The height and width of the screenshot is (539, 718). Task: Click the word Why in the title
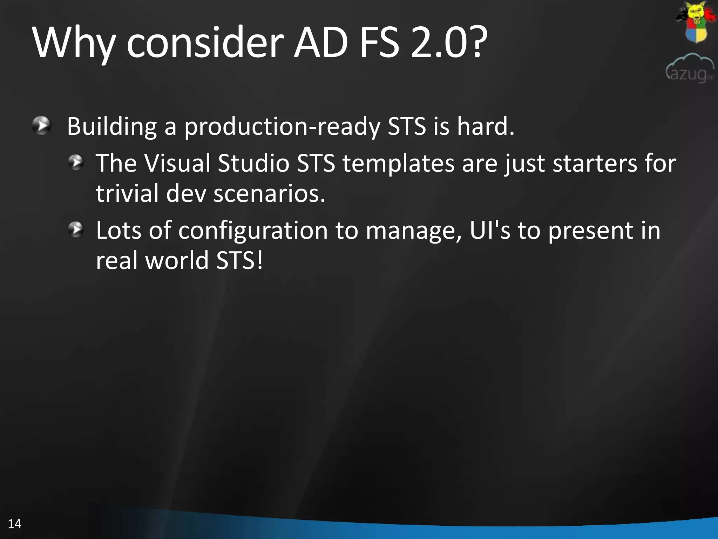pyautogui.click(x=74, y=43)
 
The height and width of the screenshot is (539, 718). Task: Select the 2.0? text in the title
pyautogui.click(x=449, y=43)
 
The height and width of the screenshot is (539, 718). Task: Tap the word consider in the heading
pyautogui.click(x=205, y=43)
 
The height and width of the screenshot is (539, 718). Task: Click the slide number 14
pyautogui.click(x=14, y=524)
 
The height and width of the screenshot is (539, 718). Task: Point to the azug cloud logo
pyautogui.click(x=690, y=69)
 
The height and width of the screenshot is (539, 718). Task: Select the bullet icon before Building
pyautogui.click(x=42, y=125)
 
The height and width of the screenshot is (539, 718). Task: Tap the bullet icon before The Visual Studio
pyautogui.click(x=76, y=162)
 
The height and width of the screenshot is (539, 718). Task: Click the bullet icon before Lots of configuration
pyautogui.click(x=76, y=229)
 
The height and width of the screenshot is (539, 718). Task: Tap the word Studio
pyautogui.click(x=253, y=163)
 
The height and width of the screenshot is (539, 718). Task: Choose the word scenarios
pyautogui.click(x=269, y=194)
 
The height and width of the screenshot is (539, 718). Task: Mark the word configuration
pyautogui.click(x=253, y=231)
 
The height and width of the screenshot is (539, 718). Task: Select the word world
pyautogui.click(x=177, y=260)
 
